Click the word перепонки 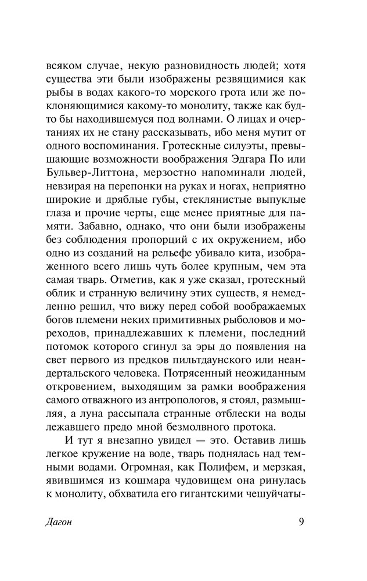(x=135, y=174)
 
